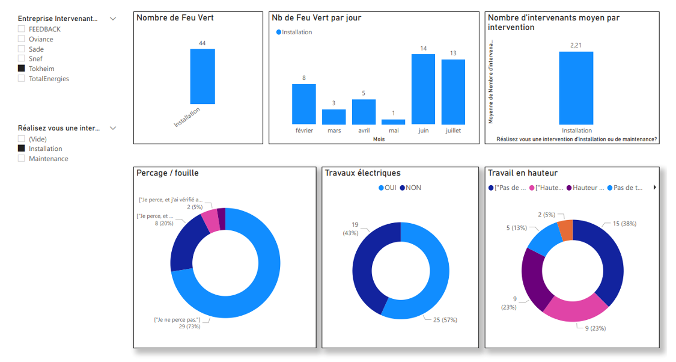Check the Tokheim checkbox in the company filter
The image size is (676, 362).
point(22,69)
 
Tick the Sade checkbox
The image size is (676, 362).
point(22,49)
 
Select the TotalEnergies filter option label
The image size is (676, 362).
point(49,79)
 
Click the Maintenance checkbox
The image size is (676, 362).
point(22,159)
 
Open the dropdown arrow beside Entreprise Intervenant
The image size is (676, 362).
point(112,19)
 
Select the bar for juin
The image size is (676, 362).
point(423,89)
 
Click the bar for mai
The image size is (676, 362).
point(393,122)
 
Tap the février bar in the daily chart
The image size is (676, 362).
point(304,104)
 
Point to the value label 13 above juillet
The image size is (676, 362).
point(453,54)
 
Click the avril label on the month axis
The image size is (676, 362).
point(364,130)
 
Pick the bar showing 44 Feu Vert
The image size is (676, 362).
point(202,76)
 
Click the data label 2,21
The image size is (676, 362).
point(576,45)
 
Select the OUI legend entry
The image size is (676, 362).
point(388,188)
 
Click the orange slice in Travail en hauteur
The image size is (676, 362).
point(565,230)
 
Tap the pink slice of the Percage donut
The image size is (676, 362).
point(210,221)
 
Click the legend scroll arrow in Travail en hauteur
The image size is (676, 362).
point(654,188)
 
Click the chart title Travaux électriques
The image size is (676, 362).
point(362,173)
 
